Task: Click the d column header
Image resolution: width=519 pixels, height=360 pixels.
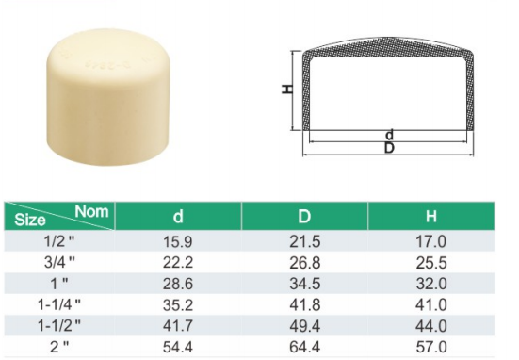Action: [x=178, y=216]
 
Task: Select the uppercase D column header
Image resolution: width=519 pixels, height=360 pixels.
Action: [x=304, y=216]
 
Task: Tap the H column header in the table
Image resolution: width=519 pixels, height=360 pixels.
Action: [x=431, y=216]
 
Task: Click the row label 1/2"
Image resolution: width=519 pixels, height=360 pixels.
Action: [x=59, y=240]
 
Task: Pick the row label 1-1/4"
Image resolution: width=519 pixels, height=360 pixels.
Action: [x=59, y=304]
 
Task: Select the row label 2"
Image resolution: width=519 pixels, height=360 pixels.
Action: [x=59, y=347]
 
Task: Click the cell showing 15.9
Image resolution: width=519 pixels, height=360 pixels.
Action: [x=178, y=241]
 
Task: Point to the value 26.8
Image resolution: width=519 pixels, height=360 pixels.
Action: [x=305, y=263]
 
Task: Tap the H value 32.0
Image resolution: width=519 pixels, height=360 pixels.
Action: [x=431, y=284]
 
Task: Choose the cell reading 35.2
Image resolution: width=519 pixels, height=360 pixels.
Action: [x=178, y=304]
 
